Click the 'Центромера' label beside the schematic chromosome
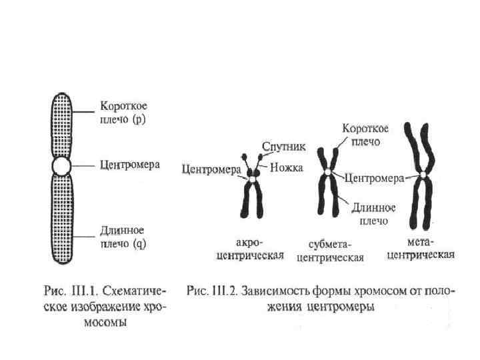click(130, 164)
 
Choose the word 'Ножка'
click(287, 169)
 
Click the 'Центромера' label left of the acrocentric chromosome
click(211, 169)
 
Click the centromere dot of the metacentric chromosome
click(423, 175)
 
